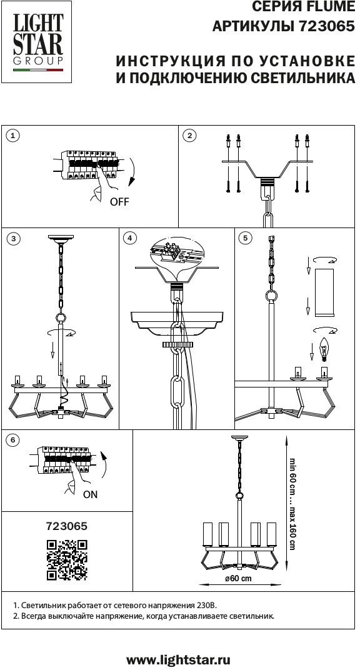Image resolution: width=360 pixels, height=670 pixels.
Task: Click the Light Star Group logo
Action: click(37, 42)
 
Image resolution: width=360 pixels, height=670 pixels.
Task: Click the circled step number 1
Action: click(14, 136)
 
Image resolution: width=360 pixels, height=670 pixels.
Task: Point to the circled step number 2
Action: click(189, 136)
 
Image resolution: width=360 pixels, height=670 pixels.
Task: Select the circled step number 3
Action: click(14, 238)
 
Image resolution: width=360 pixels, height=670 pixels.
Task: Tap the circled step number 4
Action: click(130, 238)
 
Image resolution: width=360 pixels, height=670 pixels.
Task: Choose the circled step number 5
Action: click(245, 238)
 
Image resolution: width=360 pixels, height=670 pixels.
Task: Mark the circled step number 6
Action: click(14, 440)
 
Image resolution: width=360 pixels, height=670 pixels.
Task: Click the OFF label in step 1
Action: click(119, 202)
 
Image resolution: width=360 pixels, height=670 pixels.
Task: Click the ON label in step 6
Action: click(90, 494)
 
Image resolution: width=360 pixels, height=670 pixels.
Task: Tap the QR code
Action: click(67, 560)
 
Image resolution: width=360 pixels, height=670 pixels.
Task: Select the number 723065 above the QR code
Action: click(66, 526)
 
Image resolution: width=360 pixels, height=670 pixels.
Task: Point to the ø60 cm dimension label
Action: click(238, 579)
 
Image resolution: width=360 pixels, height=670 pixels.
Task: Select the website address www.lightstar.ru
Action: click(179, 660)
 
